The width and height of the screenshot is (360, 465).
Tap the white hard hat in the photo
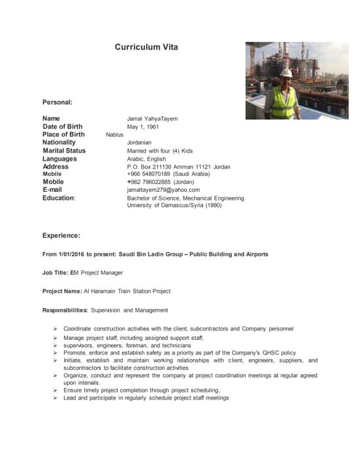point(287,73)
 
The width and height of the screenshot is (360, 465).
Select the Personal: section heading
point(57,102)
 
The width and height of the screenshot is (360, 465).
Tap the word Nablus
point(115,135)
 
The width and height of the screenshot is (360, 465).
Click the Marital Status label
point(64,151)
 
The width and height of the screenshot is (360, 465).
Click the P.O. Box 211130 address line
point(178,167)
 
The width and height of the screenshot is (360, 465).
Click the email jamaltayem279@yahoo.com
point(163,190)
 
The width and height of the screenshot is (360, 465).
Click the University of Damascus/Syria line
point(175,206)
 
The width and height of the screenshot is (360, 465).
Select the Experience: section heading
point(61,235)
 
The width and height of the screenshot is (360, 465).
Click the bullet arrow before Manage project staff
point(56,338)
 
